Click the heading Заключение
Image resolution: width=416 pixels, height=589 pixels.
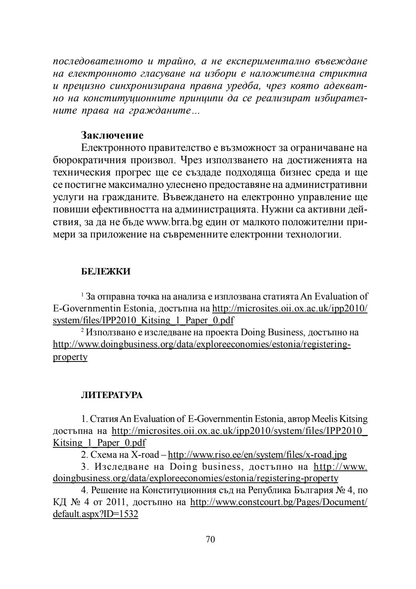pyautogui.click(x=112, y=136)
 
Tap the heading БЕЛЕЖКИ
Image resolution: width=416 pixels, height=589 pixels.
pyautogui.click(x=106, y=271)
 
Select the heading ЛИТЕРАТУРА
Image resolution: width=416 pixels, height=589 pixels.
pyautogui.click(x=112, y=395)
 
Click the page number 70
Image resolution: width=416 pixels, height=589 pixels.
pyautogui.click(x=210, y=539)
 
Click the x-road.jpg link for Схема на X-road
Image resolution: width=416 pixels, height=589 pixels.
pyautogui.click(x=258, y=455)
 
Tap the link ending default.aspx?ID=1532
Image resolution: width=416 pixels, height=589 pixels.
pyautogui.click(x=96, y=514)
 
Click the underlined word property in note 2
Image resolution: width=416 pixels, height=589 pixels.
pyautogui.click(x=70, y=357)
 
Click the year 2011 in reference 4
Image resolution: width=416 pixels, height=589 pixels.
pyautogui.click(x=116, y=502)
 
